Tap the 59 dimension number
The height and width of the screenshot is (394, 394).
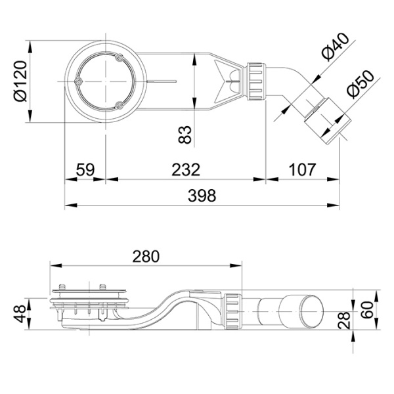pos(84,169)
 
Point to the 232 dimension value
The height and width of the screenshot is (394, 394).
pos(186,169)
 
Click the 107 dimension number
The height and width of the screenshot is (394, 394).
pos(302,169)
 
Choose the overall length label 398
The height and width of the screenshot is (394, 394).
pos(202,196)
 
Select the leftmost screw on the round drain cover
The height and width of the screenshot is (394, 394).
pos(77,82)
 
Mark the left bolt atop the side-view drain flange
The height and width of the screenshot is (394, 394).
pos(62,288)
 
